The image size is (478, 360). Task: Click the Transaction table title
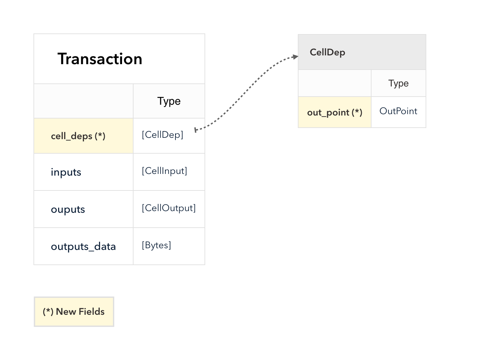(100, 59)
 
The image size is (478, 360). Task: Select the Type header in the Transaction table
(169, 101)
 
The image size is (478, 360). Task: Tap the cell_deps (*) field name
(78, 136)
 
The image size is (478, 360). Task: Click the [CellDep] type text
(163, 135)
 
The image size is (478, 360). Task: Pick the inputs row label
(66, 172)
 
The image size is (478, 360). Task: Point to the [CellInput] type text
(164, 171)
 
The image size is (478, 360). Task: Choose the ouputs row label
(68, 209)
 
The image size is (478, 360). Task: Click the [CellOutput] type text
(169, 208)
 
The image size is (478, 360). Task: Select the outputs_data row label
(83, 247)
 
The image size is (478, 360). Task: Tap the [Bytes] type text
(157, 246)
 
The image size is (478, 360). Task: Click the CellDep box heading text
(327, 52)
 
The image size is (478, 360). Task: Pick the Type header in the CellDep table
(398, 83)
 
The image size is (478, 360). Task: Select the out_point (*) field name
(335, 112)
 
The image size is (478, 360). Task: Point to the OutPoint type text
(398, 111)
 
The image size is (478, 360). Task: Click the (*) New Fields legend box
(74, 311)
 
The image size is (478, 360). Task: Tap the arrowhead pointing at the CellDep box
(296, 57)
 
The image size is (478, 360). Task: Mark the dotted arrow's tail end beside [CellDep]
(195, 130)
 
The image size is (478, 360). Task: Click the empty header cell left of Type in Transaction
(83, 101)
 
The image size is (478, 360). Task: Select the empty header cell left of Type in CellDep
(335, 83)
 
